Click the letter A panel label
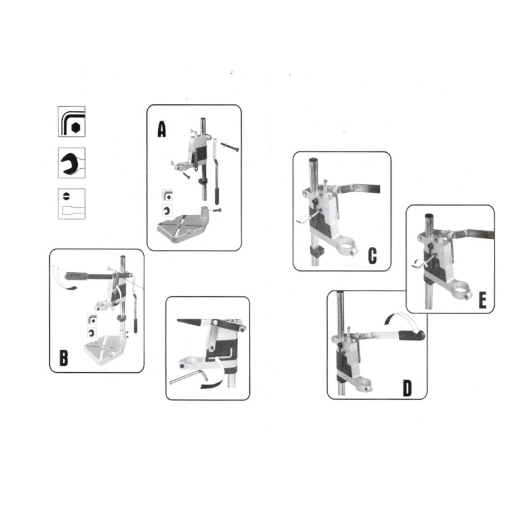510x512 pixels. point(162,129)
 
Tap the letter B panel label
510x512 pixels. point(63,358)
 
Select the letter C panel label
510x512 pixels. point(372,256)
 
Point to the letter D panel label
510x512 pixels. point(407,388)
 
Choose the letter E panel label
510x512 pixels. point(482,300)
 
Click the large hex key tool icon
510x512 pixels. point(72,121)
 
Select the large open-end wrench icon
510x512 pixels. point(72,163)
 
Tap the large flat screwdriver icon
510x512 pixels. point(72,204)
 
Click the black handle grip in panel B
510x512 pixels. point(77,276)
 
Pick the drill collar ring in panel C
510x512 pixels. point(348,249)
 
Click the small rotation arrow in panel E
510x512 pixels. point(418,264)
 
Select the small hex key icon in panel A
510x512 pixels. point(167,196)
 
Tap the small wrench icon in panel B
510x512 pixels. point(92,333)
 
